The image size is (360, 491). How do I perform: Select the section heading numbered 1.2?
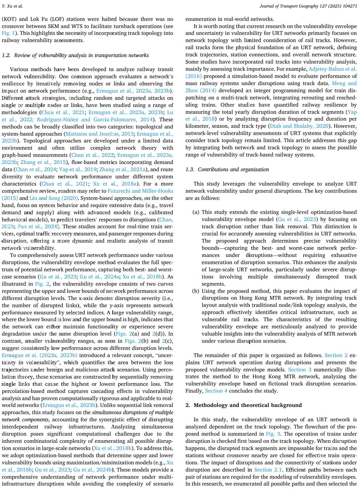point(75,55)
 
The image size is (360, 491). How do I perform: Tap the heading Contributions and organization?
point(233,169)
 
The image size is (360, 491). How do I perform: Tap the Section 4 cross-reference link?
point(216,391)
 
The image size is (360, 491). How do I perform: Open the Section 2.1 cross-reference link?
point(268,470)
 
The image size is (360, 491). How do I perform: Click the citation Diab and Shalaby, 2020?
point(299,126)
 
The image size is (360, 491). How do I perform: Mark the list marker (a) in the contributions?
point(196,212)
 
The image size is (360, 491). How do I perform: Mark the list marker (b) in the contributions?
point(196,291)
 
